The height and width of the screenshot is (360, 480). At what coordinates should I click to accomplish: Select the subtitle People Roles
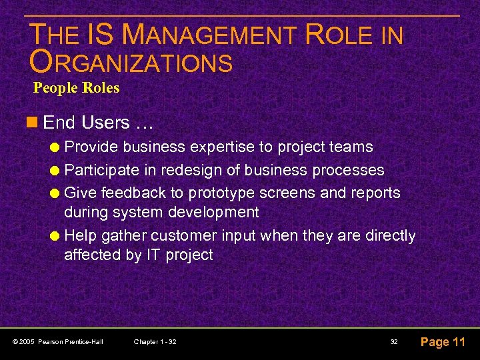pyautogui.click(x=77, y=88)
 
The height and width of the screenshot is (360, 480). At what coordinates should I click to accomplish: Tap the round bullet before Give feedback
pyautogui.click(x=56, y=193)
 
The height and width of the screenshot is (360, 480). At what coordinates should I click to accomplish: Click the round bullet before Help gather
pyautogui.click(x=56, y=236)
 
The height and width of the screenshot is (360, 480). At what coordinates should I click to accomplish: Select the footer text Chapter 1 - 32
pyautogui.click(x=155, y=342)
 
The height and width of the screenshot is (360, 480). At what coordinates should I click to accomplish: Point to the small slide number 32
pyautogui.click(x=394, y=342)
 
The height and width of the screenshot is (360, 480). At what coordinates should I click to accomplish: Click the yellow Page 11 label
pyautogui.click(x=443, y=342)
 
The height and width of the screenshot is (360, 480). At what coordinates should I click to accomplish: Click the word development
pyautogui.click(x=215, y=212)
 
